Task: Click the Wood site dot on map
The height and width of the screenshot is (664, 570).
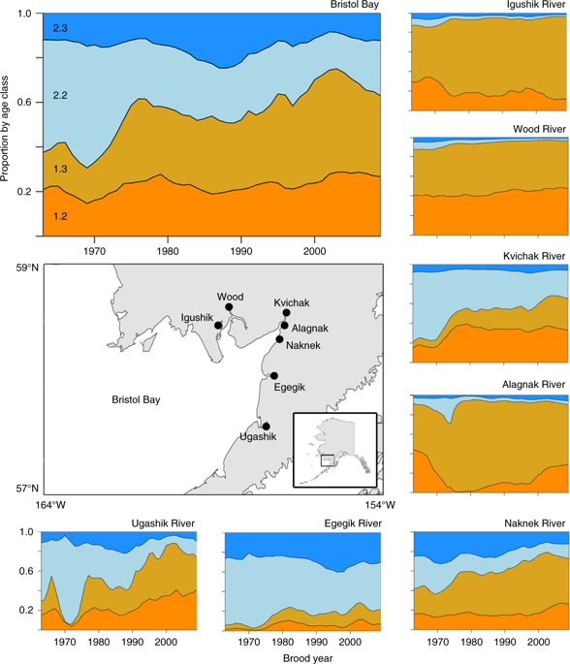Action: (229, 307)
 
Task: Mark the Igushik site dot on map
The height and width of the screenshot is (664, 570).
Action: (219, 326)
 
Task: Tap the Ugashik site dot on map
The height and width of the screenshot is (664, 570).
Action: (266, 427)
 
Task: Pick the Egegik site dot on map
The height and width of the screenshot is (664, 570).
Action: (274, 376)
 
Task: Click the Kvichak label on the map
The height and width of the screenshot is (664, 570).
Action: (292, 301)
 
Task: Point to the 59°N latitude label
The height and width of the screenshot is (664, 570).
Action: (22, 268)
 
